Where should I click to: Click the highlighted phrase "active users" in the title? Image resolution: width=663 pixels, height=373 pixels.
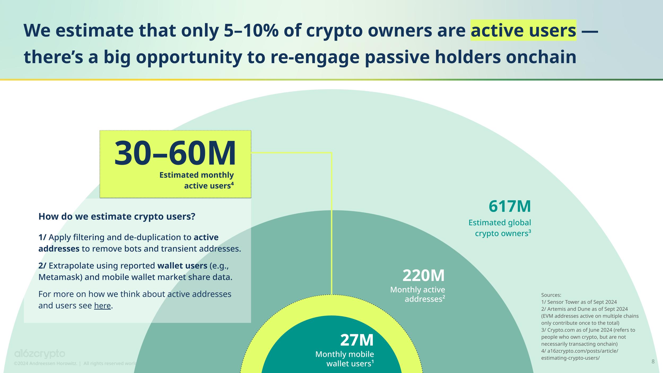tap(523, 31)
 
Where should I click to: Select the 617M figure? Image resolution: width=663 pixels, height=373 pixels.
tap(510, 206)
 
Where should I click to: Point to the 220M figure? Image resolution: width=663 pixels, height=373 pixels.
tap(424, 276)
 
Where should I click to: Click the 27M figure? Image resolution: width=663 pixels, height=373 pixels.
tap(357, 340)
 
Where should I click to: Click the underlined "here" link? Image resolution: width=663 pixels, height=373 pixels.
tap(102, 306)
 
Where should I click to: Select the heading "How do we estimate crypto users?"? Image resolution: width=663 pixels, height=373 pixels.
tap(117, 216)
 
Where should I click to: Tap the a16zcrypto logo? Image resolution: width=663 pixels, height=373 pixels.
tap(40, 354)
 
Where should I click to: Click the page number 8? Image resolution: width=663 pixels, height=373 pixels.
tap(653, 361)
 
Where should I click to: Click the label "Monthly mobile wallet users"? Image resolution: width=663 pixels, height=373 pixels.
tap(345, 359)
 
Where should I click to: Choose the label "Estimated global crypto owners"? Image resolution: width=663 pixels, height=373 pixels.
tap(500, 228)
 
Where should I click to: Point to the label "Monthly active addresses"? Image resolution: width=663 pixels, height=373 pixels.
tap(418, 294)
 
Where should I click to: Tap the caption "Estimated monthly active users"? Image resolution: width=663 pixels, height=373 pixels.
tap(197, 180)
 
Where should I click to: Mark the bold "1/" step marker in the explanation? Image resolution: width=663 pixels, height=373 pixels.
tap(42, 237)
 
